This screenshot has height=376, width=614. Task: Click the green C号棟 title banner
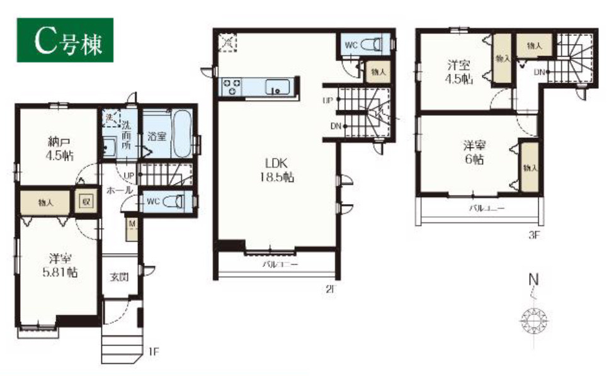64,41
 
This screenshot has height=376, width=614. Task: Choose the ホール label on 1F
119,189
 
